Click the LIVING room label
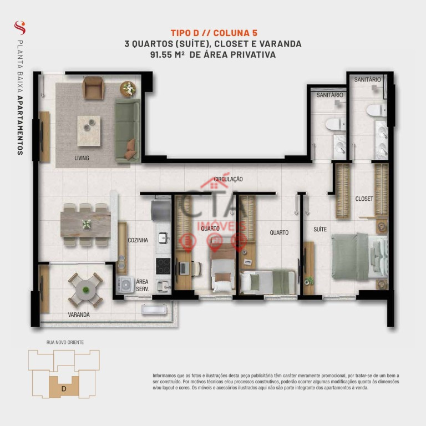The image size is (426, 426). [82, 158]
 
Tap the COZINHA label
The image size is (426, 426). [138, 240]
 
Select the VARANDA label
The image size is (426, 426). [79, 315]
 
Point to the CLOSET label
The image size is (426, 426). [364, 199]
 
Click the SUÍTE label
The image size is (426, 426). [320, 229]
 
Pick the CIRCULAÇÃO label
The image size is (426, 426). [228, 179]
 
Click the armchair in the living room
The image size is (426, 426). [93, 88]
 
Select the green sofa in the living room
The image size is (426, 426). [128, 130]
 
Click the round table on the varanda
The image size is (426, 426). [85, 290]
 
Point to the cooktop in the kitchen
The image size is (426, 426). [163, 266]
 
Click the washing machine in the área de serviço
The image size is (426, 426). [125, 285]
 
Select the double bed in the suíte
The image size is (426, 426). [359, 256]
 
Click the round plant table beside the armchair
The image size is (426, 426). [128, 89]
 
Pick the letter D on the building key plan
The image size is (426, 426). [64, 389]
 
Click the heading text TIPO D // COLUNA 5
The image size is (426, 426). [214, 33]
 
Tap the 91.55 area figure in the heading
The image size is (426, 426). [161, 54]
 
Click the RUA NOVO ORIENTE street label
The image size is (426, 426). [65, 342]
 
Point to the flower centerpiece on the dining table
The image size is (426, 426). [87, 224]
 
